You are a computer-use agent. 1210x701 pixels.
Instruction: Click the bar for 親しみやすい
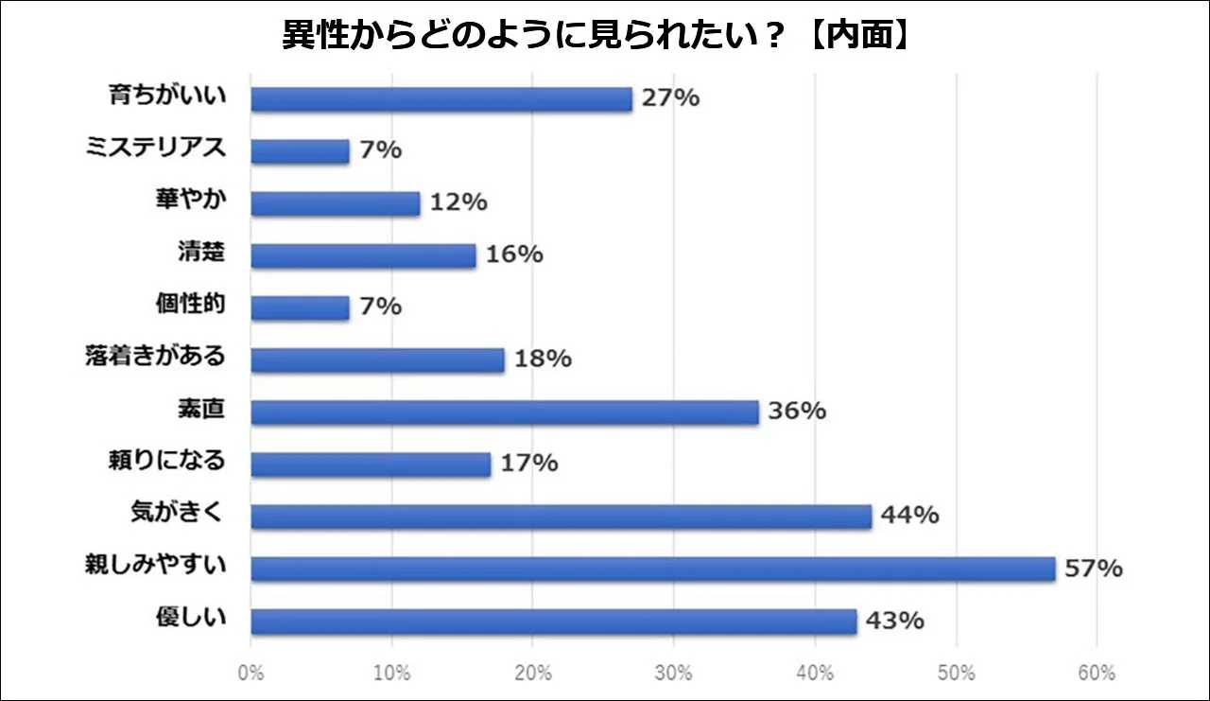click(652, 569)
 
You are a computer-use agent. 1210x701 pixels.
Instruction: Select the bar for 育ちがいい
click(441, 99)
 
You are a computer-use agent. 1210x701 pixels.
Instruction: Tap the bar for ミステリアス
click(300, 151)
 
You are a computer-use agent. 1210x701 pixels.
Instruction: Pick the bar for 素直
click(505, 412)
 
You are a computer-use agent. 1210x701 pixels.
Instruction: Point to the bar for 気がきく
click(561, 517)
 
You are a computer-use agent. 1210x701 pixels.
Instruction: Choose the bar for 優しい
click(554, 621)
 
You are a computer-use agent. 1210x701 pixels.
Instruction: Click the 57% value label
click(1094, 569)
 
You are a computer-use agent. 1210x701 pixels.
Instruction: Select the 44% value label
click(909, 516)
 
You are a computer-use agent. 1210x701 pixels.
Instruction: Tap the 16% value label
click(514, 254)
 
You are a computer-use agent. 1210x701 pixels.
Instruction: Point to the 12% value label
click(458, 202)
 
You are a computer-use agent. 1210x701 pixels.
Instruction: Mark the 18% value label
click(543, 359)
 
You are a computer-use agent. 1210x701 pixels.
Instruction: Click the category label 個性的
click(191, 306)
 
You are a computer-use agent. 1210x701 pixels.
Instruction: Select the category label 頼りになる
click(167, 462)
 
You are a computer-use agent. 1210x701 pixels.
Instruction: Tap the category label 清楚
click(201, 253)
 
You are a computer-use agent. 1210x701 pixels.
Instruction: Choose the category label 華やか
click(191, 202)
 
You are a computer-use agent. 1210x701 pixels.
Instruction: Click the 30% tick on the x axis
click(673, 675)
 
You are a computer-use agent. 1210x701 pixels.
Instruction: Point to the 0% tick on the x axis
click(251, 675)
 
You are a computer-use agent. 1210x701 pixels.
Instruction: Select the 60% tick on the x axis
click(1097, 675)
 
